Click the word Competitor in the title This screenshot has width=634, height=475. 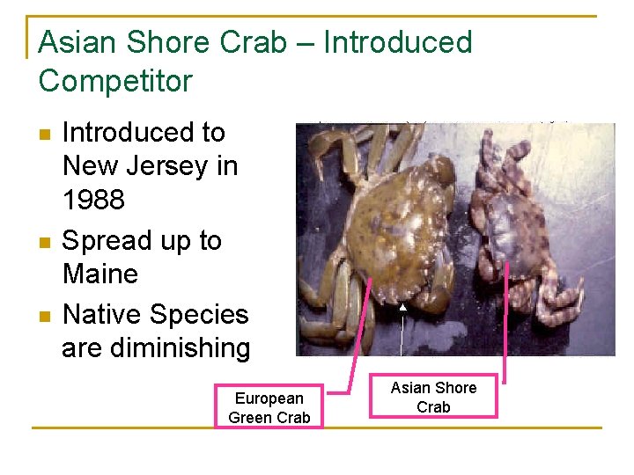(115, 81)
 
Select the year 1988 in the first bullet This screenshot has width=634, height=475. (93, 200)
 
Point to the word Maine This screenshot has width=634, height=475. (100, 274)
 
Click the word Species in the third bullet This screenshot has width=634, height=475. (199, 314)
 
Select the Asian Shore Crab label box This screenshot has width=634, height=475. (433, 397)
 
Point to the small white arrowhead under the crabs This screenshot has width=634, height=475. (402, 307)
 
